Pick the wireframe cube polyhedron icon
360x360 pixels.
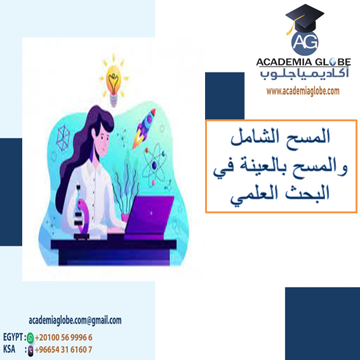point(64,137)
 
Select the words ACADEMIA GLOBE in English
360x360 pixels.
point(303,62)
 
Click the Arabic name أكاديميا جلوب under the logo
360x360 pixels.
point(303,76)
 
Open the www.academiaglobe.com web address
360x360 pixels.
point(303,91)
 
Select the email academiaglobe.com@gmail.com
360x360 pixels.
point(75,321)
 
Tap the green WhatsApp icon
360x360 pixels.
point(30,337)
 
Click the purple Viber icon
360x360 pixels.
point(30,349)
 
